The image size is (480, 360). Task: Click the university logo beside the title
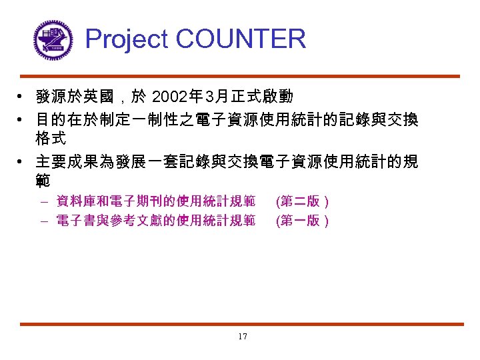pyautogui.click(x=53, y=39)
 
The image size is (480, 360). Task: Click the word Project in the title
pyautogui.click(x=127, y=39)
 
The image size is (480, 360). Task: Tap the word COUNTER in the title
pyautogui.click(x=240, y=39)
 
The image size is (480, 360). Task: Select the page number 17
pyautogui.click(x=242, y=337)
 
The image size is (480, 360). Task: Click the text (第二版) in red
pyautogui.click(x=302, y=201)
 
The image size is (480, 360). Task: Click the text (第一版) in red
pyautogui.click(x=302, y=221)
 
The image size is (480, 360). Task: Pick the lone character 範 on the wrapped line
pyautogui.click(x=43, y=181)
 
